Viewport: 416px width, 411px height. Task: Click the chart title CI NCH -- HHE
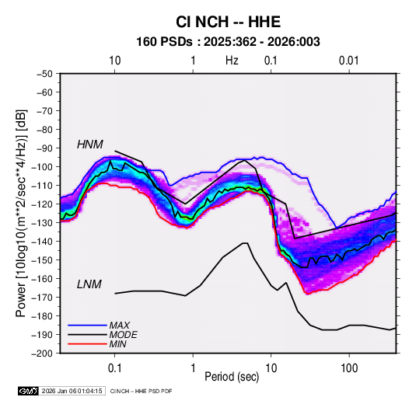click(228, 22)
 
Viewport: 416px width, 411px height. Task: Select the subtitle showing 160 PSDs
click(228, 42)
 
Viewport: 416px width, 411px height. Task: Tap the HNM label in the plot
click(90, 145)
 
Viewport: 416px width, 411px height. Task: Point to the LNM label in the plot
click(89, 284)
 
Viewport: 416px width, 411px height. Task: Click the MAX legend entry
click(120, 326)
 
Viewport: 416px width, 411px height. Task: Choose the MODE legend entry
click(123, 335)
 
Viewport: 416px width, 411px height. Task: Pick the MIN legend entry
click(117, 344)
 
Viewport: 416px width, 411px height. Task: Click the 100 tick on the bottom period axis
click(349, 368)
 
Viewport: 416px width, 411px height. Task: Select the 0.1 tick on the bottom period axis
click(114, 368)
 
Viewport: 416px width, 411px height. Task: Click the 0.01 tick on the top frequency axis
click(349, 61)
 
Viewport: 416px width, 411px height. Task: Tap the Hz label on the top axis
click(232, 61)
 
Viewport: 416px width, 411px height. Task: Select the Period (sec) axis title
click(232, 377)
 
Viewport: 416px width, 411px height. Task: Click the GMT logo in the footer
click(28, 391)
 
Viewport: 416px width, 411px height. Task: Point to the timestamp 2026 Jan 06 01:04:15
click(72, 391)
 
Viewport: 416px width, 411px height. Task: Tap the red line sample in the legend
click(87, 344)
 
